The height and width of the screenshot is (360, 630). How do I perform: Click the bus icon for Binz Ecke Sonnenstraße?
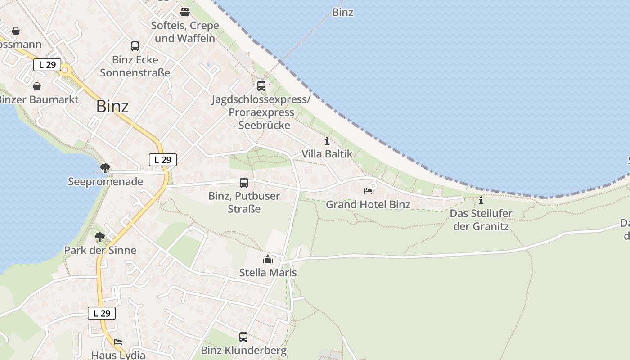pyautogui.click(x=135, y=46)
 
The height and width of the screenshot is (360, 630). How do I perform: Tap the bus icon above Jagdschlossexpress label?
pyautogui.click(x=261, y=85)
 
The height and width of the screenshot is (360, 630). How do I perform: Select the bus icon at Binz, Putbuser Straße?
pyautogui.click(x=244, y=182)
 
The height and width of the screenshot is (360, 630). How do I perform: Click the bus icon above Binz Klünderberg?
pyautogui.click(x=243, y=337)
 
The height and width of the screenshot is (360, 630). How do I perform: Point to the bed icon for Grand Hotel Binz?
pyautogui.click(x=368, y=191)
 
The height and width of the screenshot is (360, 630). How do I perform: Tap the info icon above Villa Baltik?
pyautogui.click(x=327, y=141)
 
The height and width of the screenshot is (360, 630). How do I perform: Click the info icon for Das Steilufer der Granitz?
pyautogui.click(x=481, y=200)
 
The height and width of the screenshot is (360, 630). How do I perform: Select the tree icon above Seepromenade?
pyautogui.click(x=105, y=168)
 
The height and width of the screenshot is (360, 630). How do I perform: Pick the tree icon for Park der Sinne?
pyautogui.click(x=100, y=237)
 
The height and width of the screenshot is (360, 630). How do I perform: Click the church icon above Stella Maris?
pyautogui.click(x=268, y=259)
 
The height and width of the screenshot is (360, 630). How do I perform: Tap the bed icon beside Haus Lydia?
pyautogui.click(x=118, y=342)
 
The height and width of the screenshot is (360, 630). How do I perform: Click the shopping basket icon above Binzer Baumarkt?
pyautogui.click(x=37, y=86)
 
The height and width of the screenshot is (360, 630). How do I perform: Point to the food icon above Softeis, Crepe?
pyautogui.click(x=185, y=12)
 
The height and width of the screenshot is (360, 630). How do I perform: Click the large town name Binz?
pyautogui.click(x=112, y=107)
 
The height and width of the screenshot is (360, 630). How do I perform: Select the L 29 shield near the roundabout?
pyautogui.click(x=47, y=65)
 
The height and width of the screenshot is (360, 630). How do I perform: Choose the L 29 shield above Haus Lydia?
pyautogui.click(x=102, y=314)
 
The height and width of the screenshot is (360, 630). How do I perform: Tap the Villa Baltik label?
pyautogui.click(x=327, y=154)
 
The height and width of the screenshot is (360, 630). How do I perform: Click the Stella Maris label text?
pyautogui.click(x=268, y=272)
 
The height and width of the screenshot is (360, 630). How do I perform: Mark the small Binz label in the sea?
pyautogui.click(x=343, y=12)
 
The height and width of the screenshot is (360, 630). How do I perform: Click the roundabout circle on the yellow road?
pyautogui.click(x=66, y=70)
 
